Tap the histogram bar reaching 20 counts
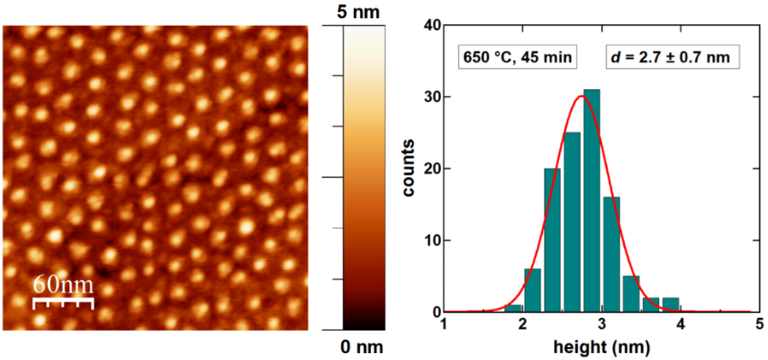click(x=552, y=240)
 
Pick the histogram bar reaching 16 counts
click(x=611, y=254)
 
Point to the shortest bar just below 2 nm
click(x=514, y=308)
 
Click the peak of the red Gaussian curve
click(x=582, y=96)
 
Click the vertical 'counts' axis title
click(x=410, y=169)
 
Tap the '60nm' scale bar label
click(x=63, y=283)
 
